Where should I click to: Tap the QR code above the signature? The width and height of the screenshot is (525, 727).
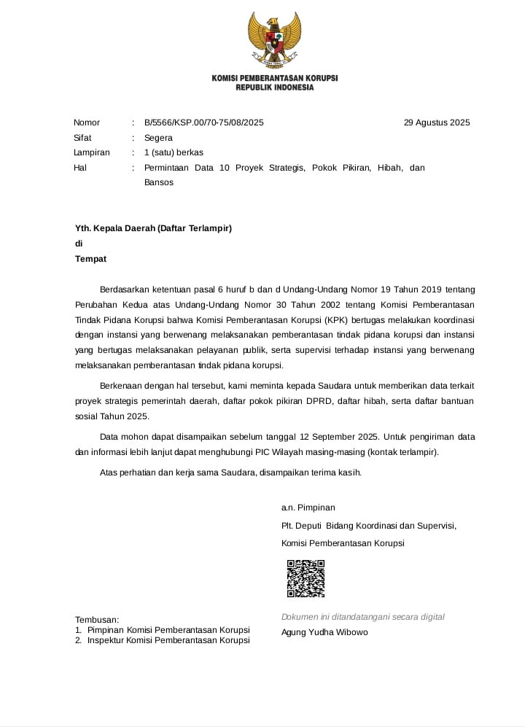pos(306,578)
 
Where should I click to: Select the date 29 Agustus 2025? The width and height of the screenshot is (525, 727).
pos(437,123)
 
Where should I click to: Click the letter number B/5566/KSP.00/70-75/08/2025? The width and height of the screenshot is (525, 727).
pos(203,123)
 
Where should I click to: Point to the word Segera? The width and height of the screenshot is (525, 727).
pos(158,138)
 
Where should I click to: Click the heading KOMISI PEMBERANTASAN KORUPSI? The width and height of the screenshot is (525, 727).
pos(274,78)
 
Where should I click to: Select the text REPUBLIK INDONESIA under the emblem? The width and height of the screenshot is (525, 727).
pos(274,88)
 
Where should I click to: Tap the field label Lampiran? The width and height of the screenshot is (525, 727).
pos(92,152)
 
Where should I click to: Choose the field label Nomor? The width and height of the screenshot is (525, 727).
pos(87,123)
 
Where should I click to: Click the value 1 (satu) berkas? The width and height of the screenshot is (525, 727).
pos(174,152)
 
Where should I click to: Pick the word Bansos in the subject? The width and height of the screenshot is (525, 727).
pos(159,182)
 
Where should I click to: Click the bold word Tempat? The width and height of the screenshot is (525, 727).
pos(91,259)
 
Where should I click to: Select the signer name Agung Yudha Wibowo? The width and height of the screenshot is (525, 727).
pos(324,632)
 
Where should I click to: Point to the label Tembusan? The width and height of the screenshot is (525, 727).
pos(97,619)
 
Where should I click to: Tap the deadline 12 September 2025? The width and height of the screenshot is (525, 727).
pos(338,437)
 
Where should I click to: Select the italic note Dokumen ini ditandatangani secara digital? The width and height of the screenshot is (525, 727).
pos(362,617)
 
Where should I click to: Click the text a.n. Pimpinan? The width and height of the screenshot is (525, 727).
pos(308,508)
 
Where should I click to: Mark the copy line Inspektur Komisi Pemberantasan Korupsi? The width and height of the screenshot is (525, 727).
pos(168,640)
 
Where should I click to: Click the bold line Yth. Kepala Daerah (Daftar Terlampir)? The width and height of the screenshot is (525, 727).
pos(153,228)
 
